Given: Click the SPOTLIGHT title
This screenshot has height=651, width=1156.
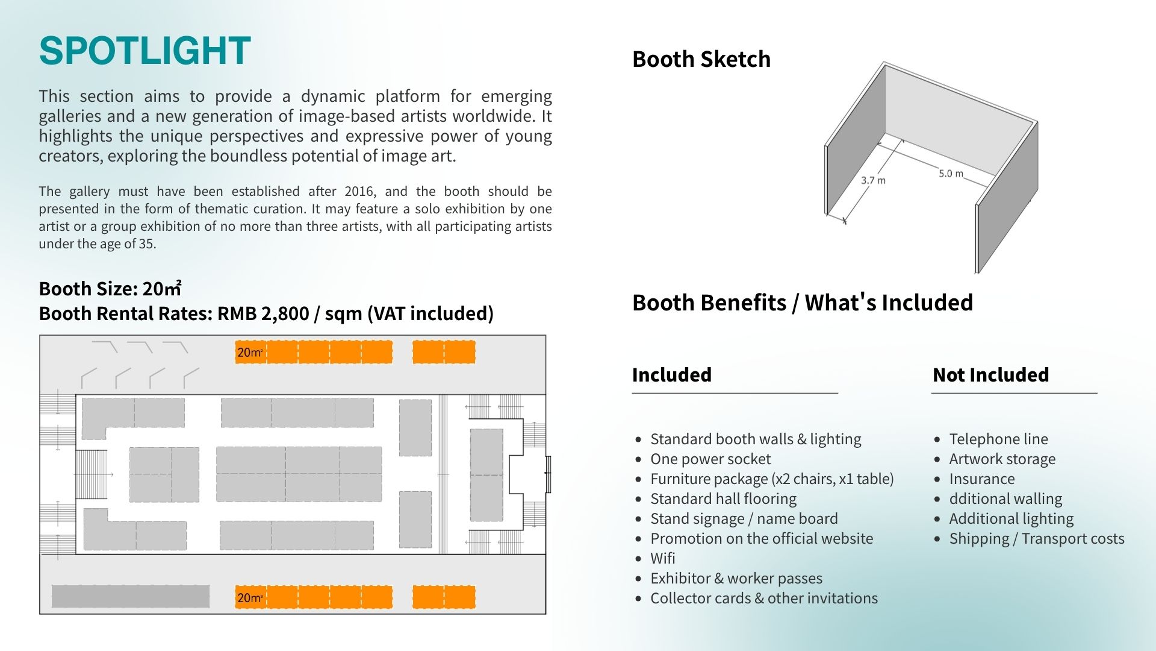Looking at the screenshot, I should coord(144,51).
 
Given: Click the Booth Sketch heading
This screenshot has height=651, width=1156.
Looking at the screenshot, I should coord(701,59).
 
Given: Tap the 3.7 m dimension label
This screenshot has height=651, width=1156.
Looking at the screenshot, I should coord(873,180).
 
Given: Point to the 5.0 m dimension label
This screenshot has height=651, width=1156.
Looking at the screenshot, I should coord(951,174).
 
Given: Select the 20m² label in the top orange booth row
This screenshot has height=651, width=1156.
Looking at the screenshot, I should coord(249,353).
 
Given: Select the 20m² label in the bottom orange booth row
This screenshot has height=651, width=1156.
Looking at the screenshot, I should coord(249,598).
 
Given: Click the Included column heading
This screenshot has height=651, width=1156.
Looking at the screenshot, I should coord(671,375).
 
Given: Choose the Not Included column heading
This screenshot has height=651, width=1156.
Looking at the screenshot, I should coord(990,375).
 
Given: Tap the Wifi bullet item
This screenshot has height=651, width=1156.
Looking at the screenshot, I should coord(662,559).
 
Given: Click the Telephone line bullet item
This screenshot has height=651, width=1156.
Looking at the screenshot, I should coord(998,439).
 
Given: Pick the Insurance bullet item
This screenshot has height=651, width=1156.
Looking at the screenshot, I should coord(981,479).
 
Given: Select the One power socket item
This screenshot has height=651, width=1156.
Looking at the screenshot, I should coord(710,459).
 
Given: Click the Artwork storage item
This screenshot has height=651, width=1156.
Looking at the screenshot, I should coord(1002,459).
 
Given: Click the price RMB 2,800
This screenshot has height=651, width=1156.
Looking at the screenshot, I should coord(263,314).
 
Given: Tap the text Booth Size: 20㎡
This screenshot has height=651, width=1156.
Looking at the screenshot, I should coord(110,289).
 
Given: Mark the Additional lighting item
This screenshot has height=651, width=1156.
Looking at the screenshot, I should coord(1011,519).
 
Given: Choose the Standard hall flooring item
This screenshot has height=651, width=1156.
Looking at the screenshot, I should coord(723,499).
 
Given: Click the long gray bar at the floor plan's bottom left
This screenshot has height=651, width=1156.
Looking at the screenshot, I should coord(131,596).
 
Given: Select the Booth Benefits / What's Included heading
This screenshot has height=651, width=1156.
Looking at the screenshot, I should coord(802,303).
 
